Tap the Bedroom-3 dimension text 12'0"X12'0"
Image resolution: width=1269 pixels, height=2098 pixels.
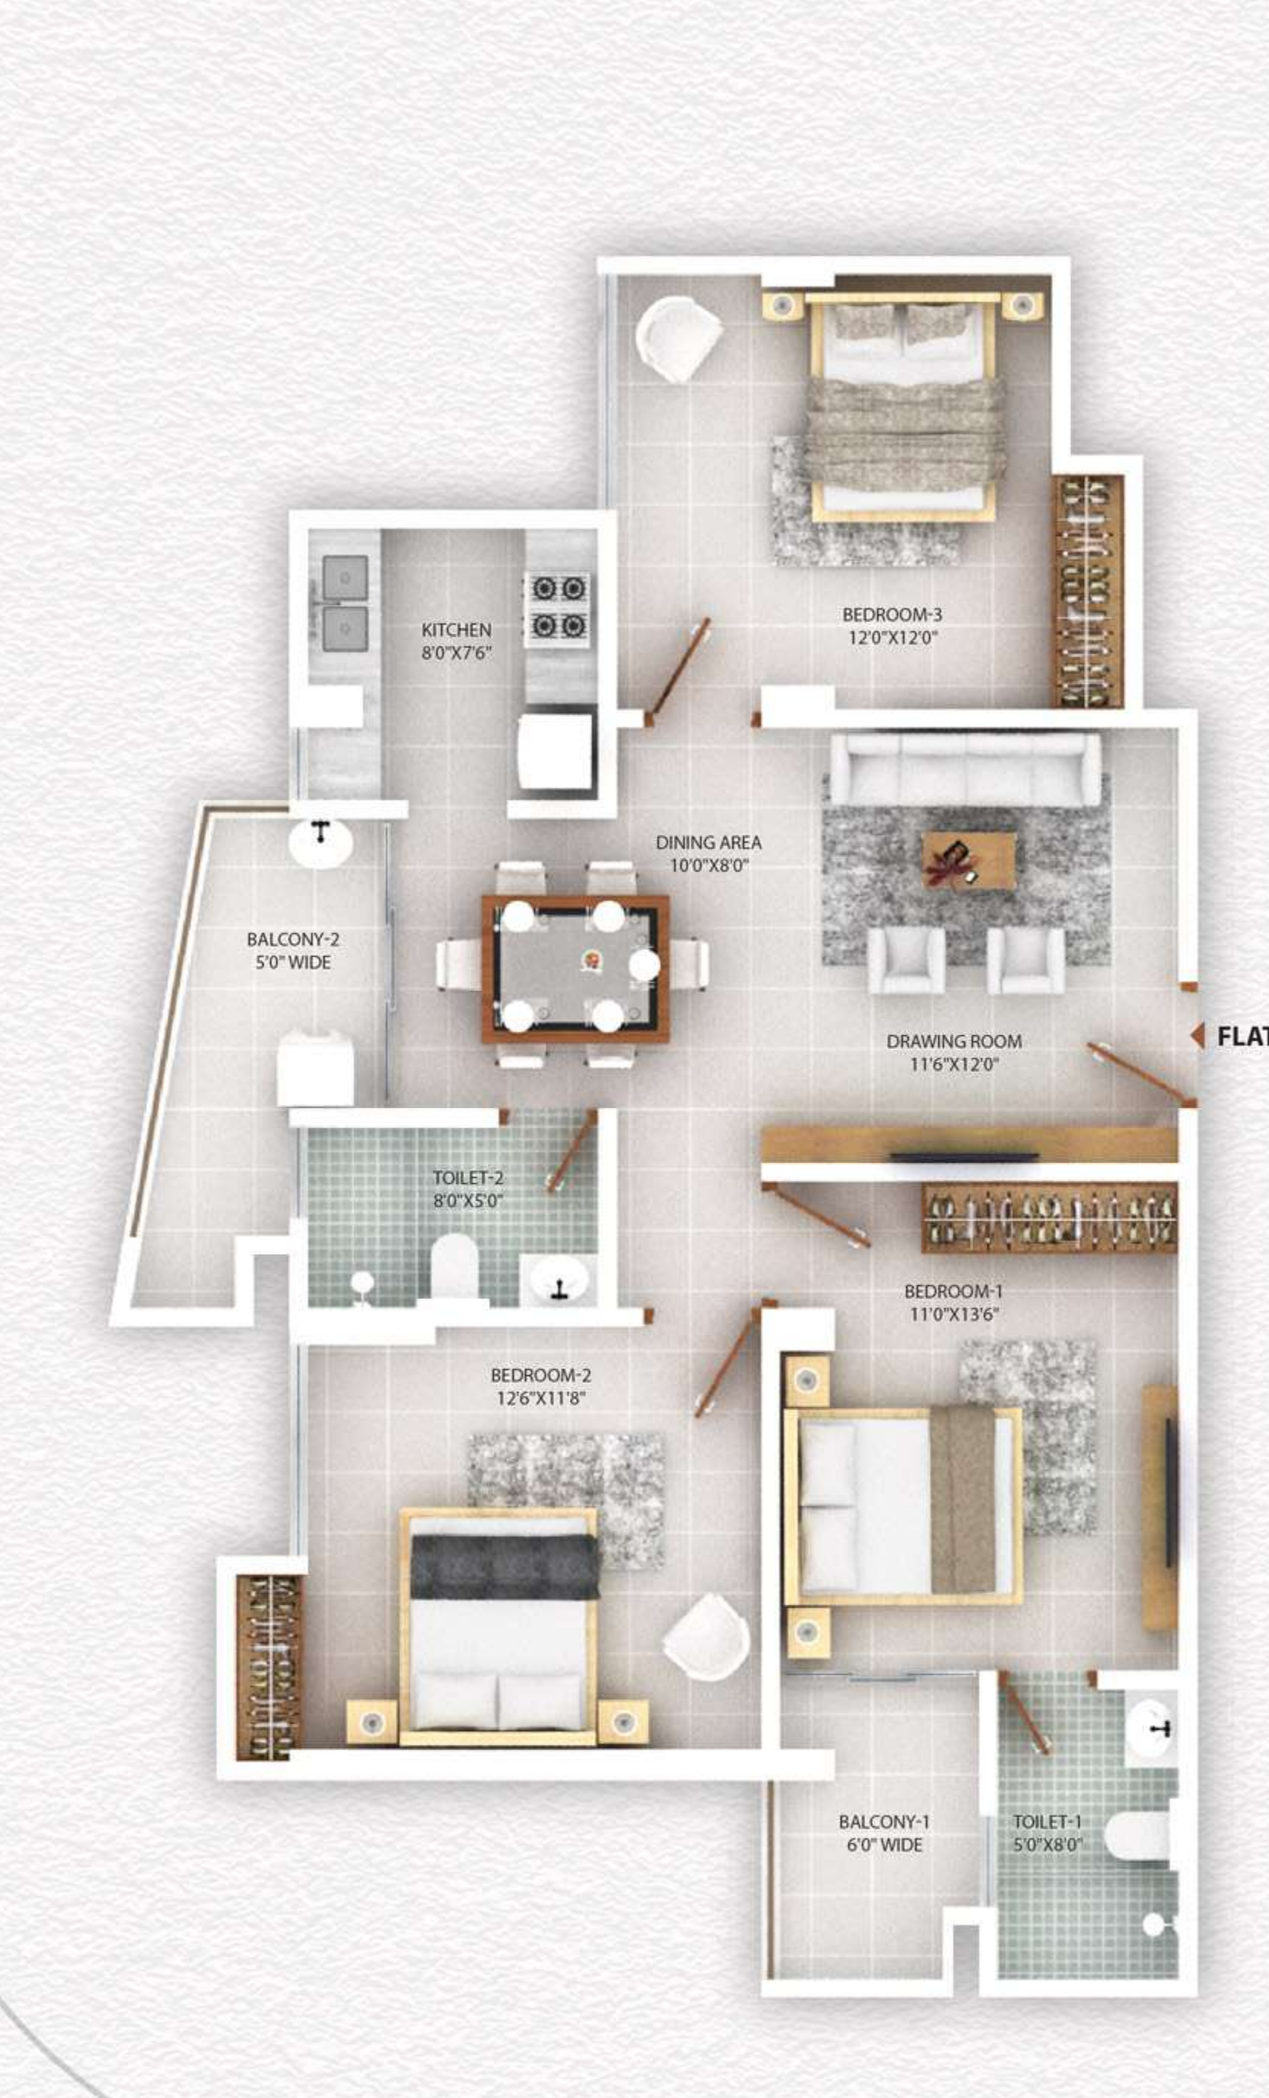point(892,638)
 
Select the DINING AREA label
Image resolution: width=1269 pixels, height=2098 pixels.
point(708,842)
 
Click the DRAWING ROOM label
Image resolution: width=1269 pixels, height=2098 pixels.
point(953,1041)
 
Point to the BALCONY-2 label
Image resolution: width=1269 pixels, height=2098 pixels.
point(292,939)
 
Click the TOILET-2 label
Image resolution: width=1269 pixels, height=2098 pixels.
point(467,1178)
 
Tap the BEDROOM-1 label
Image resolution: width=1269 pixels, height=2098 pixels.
point(953,1291)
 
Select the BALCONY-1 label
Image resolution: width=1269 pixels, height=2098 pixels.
point(883,1821)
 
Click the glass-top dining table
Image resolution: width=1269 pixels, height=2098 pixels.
point(576,968)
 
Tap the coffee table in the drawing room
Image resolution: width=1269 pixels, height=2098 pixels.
point(969,861)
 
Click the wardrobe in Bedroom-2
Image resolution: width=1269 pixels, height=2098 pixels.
point(268,1667)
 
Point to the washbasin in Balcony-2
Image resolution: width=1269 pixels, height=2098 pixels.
point(320,843)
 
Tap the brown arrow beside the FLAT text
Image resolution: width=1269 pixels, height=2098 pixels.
point(1197,1036)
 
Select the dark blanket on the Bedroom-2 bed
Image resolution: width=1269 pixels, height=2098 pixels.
point(503,1567)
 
